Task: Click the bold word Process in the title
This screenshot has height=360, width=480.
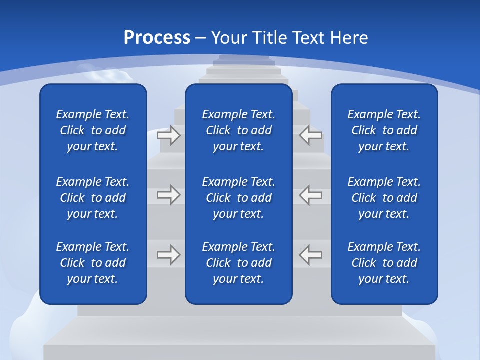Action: (x=157, y=38)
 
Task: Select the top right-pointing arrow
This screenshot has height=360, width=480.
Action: (x=169, y=135)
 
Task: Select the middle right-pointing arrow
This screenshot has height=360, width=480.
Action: (x=169, y=195)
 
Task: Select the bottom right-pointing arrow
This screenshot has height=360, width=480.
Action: (x=169, y=255)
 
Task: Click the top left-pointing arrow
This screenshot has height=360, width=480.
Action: (x=311, y=135)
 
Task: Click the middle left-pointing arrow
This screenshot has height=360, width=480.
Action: (x=311, y=195)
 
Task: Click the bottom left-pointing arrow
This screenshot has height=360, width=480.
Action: (x=311, y=255)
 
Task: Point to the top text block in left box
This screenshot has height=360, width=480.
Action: (x=93, y=130)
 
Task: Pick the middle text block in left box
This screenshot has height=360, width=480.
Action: (x=93, y=198)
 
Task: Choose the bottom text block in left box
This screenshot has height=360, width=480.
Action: (x=93, y=263)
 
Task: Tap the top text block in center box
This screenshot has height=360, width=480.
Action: (x=239, y=130)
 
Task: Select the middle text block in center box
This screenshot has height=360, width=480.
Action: (x=239, y=198)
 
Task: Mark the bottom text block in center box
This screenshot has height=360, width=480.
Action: (x=239, y=263)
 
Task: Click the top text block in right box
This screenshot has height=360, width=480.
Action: (x=384, y=130)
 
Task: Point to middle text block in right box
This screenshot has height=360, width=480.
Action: (x=384, y=198)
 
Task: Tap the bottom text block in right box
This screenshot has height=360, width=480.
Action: (x=384, y=263)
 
